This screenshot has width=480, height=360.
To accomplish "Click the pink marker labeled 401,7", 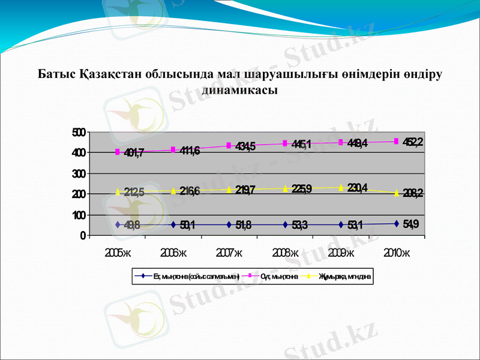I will coord(118,152).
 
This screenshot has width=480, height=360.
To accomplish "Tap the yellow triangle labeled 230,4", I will coord(340,187).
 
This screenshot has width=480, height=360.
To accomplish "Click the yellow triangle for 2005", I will coord(118,191).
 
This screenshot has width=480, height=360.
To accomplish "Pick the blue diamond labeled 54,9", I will coord(396,224).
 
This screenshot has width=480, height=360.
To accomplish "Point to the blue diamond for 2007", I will coord(229,224).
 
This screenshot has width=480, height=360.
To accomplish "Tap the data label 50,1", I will coord(188,225).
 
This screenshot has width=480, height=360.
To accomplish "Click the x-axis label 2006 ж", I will coord(173,252).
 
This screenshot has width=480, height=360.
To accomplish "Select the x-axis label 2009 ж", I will coord(341,252).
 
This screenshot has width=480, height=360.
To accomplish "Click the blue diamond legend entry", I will coord(187,277).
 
